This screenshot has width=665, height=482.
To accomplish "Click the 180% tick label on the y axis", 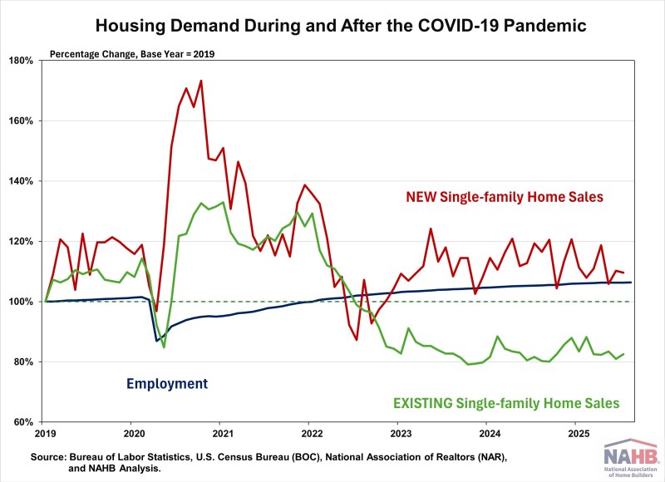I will [19, 61].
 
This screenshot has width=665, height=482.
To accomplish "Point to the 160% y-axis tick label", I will [19, 121].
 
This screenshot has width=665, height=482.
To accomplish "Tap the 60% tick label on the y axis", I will [22, 422].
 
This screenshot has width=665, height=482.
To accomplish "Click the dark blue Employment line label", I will [166, 384].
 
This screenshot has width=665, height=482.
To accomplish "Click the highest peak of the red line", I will [201, 81].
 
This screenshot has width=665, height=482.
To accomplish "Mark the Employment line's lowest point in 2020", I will [156, 341].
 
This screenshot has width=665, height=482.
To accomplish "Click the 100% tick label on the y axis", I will [19, 302].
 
